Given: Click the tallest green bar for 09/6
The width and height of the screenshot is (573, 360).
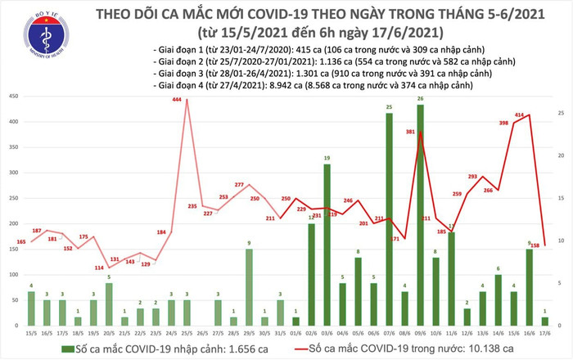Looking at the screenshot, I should [x=420, y=216].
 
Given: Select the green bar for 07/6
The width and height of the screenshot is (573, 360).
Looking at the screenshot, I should [x=389, y=220].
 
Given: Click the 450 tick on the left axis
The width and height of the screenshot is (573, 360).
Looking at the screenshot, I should [x=15, y=97].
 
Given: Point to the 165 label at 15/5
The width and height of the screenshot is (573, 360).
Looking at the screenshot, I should [x=21, y=241].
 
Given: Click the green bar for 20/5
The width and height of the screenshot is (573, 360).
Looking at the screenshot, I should [x=109, y=310].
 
